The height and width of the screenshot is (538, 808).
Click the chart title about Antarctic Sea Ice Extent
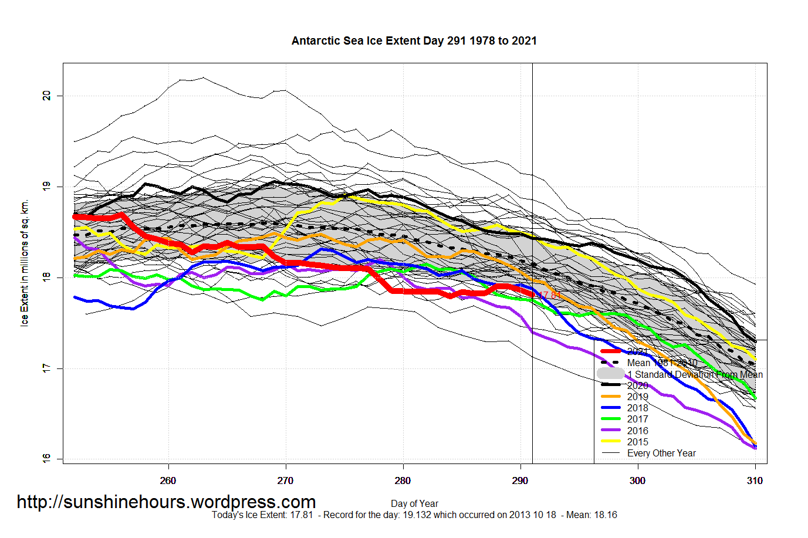click(414, 40)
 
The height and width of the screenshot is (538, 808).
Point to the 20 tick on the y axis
click(47, 96)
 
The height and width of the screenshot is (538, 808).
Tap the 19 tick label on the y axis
click(47, 187)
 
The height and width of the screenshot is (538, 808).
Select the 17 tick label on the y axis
click(47, 368)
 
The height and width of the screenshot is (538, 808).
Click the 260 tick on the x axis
click(168, 481)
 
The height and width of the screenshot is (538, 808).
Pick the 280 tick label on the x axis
click(403, 481)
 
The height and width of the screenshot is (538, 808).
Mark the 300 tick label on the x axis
click(637, 481)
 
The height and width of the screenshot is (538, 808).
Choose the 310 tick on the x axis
click(755, 481)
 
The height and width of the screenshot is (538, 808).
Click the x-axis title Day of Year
click(414, 503)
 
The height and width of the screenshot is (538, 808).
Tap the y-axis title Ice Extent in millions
click(25, 263)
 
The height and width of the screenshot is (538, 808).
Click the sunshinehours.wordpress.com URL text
click(166, 502)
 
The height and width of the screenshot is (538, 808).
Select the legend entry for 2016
click(637, 431)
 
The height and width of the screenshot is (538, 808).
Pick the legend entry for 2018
click(637, 408)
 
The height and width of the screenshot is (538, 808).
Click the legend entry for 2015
click(637, 442)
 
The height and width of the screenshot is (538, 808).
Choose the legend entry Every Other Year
click(661, 453)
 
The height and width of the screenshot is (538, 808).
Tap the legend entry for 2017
click(637, 419)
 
